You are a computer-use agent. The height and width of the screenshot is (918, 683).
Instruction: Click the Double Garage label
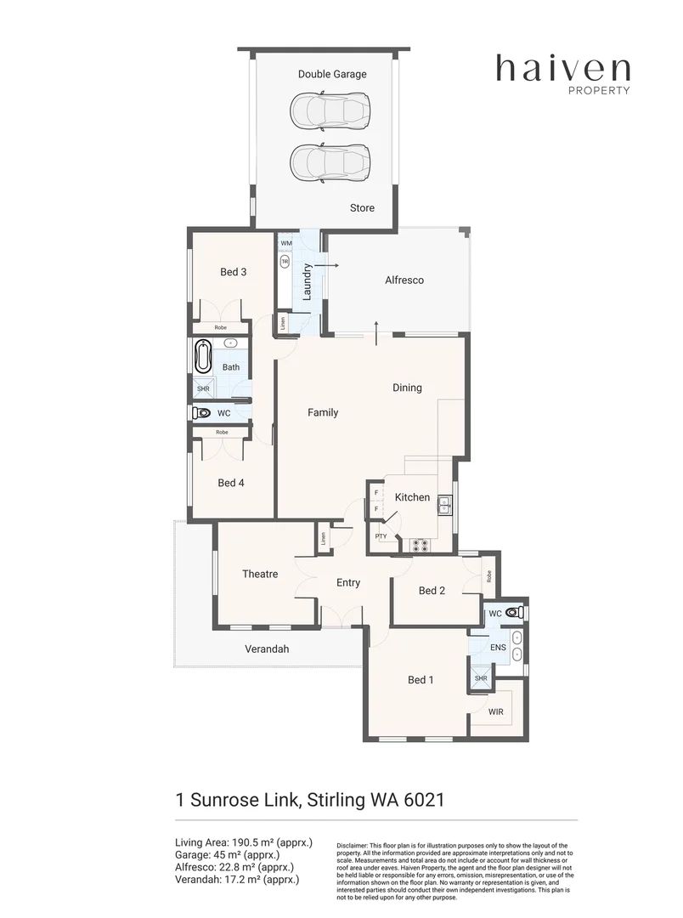coord(332,74)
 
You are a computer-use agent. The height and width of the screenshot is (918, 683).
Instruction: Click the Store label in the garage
coord(362,208)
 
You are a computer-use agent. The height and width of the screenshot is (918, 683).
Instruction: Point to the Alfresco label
coord(404,280)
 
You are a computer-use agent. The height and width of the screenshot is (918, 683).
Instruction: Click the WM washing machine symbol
coord(285,244)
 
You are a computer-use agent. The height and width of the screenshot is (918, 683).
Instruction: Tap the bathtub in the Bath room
coord(203,357)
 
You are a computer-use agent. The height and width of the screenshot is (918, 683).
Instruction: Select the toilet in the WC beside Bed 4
coord(201,413)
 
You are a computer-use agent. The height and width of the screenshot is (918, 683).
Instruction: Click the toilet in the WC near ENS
coord(512,612)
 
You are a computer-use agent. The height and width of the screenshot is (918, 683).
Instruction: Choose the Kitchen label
coord(412,497)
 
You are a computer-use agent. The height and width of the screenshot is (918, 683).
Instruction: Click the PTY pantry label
coord(381,536)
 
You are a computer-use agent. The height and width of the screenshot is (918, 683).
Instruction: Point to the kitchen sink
coord(443,507)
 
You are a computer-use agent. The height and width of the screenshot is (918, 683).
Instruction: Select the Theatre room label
coord(260,574)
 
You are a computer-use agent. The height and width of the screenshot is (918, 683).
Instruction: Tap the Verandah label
coord(267,649)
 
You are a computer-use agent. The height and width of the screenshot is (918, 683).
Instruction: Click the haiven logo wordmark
coord(562,68)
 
